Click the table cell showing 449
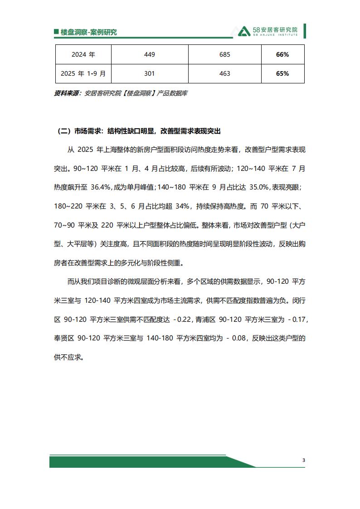click(149, 54)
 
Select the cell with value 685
click(224, 54)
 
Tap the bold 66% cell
click(282, 54)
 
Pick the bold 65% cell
click(282, 73)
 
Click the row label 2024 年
click(83, 54)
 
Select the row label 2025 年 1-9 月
click(83, 73)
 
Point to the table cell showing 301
click(149, 73)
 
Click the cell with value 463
click(224, 73)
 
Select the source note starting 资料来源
click(121, 93)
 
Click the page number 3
click(304, 461)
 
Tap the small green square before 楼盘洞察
click(56, 32)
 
